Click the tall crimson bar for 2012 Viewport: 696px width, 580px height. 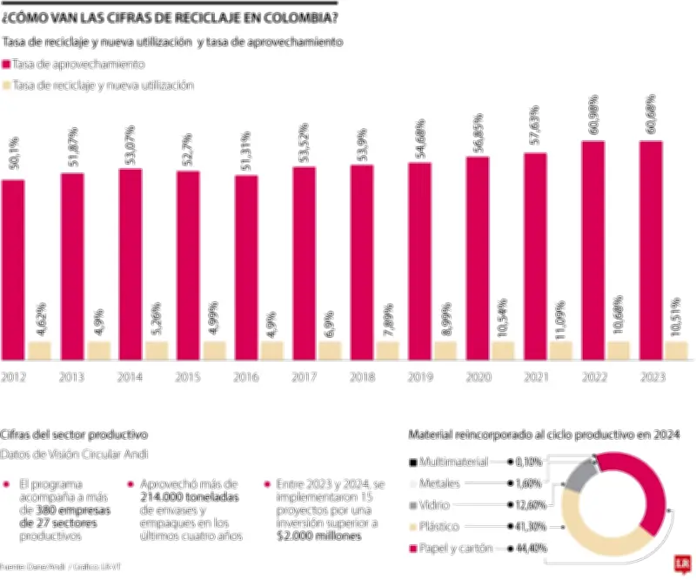pos(13,270)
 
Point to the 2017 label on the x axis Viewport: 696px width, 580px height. pos(304,377)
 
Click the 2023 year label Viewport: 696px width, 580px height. pos(652,377)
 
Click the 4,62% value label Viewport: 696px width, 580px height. pos(41,317)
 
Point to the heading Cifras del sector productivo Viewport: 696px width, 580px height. pos(74,433)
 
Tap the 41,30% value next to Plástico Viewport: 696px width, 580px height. pos(528,527)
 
